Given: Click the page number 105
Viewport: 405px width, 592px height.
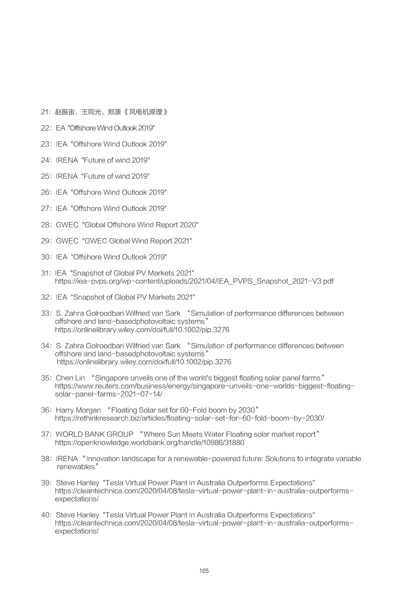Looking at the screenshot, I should pyautogui.click(x=204, y=571).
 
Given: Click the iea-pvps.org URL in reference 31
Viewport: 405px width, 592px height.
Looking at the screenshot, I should pyautogui.click(x=194, y=281).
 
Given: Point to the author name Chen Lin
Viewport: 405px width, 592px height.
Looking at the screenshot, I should pyautogui.click(x=70, y=378).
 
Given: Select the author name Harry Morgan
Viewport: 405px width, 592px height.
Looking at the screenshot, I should pyautogui.click(x=78, y=410).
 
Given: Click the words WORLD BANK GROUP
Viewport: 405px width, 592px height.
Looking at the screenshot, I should pyautogui.click(x=95, y=434).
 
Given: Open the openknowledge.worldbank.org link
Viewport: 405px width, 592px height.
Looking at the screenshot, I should pyautogui.click(x=149, y=443).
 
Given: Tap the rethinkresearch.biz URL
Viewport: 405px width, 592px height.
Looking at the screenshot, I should pyautogui.click(x=189, y=418).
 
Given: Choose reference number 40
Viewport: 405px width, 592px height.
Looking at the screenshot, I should pyautogui.click(x=45, y=515).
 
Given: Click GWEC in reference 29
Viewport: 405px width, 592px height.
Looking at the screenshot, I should pyautogui.click(x=67, y=241).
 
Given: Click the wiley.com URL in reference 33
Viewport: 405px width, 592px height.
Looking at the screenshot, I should pyautogui.click(x=142, y=330).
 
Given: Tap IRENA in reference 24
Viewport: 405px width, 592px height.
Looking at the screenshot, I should pyautogui.click(x=67, y=160).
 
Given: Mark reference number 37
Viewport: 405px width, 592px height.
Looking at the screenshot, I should pyautogui.click(x=45, y=434).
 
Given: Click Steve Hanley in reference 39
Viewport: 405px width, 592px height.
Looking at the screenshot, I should pyautogui.click(x=78, y=483).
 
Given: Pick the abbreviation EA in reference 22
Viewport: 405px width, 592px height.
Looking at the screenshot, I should pyautogui.click(x=61, y=128).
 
